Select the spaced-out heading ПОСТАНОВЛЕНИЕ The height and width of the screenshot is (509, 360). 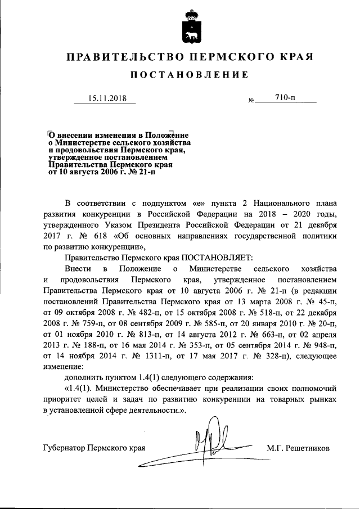point(188,75)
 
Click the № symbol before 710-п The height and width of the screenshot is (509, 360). point(250,101)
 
